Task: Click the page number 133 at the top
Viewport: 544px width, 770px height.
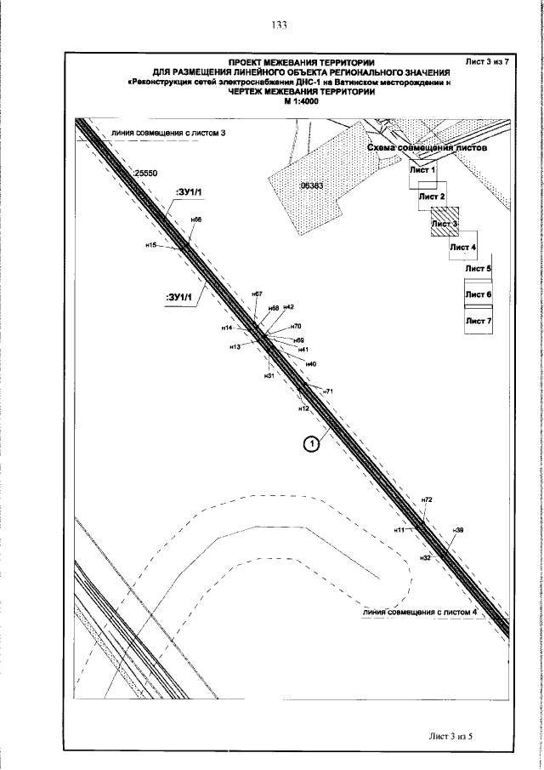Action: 279,25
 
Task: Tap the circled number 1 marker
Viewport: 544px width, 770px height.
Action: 312,442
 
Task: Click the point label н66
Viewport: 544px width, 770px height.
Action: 195,220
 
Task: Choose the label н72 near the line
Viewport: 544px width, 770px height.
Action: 428,499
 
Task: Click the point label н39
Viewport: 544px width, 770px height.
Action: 458,530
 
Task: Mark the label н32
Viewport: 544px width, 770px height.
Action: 427,557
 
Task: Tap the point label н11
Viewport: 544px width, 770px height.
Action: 399,530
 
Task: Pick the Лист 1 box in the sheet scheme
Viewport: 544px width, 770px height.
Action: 422,169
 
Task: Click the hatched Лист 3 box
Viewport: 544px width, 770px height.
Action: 444,223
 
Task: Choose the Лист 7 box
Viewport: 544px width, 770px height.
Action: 479,321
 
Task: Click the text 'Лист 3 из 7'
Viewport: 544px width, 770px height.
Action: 488,62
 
